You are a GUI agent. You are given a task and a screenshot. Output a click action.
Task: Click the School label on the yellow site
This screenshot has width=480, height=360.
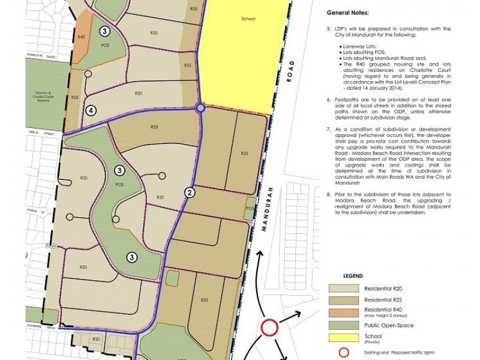coord(246,19)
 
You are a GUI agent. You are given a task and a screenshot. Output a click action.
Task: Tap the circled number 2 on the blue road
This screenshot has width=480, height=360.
coord(190,193)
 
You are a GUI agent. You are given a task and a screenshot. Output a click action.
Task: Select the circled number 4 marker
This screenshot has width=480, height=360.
coord(91,110)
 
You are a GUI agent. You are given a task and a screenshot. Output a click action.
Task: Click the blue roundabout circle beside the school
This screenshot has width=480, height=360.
coord(200,108)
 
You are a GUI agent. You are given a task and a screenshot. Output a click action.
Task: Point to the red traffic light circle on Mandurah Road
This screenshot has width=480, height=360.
coord(270,328)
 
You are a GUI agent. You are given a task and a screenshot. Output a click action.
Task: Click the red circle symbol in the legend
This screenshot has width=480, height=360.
coord(344,353)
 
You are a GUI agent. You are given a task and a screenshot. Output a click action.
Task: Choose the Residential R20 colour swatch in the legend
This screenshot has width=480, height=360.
coord(343,288)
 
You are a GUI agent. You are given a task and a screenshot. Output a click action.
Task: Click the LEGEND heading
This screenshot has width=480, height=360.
coord(352,275)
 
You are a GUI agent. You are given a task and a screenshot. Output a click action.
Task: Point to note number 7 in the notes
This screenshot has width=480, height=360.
coord(329,129)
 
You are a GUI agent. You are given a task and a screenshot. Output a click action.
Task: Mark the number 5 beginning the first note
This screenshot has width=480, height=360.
coord(329,28)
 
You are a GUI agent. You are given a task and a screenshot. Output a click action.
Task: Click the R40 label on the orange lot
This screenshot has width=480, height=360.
coord(82,37)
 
